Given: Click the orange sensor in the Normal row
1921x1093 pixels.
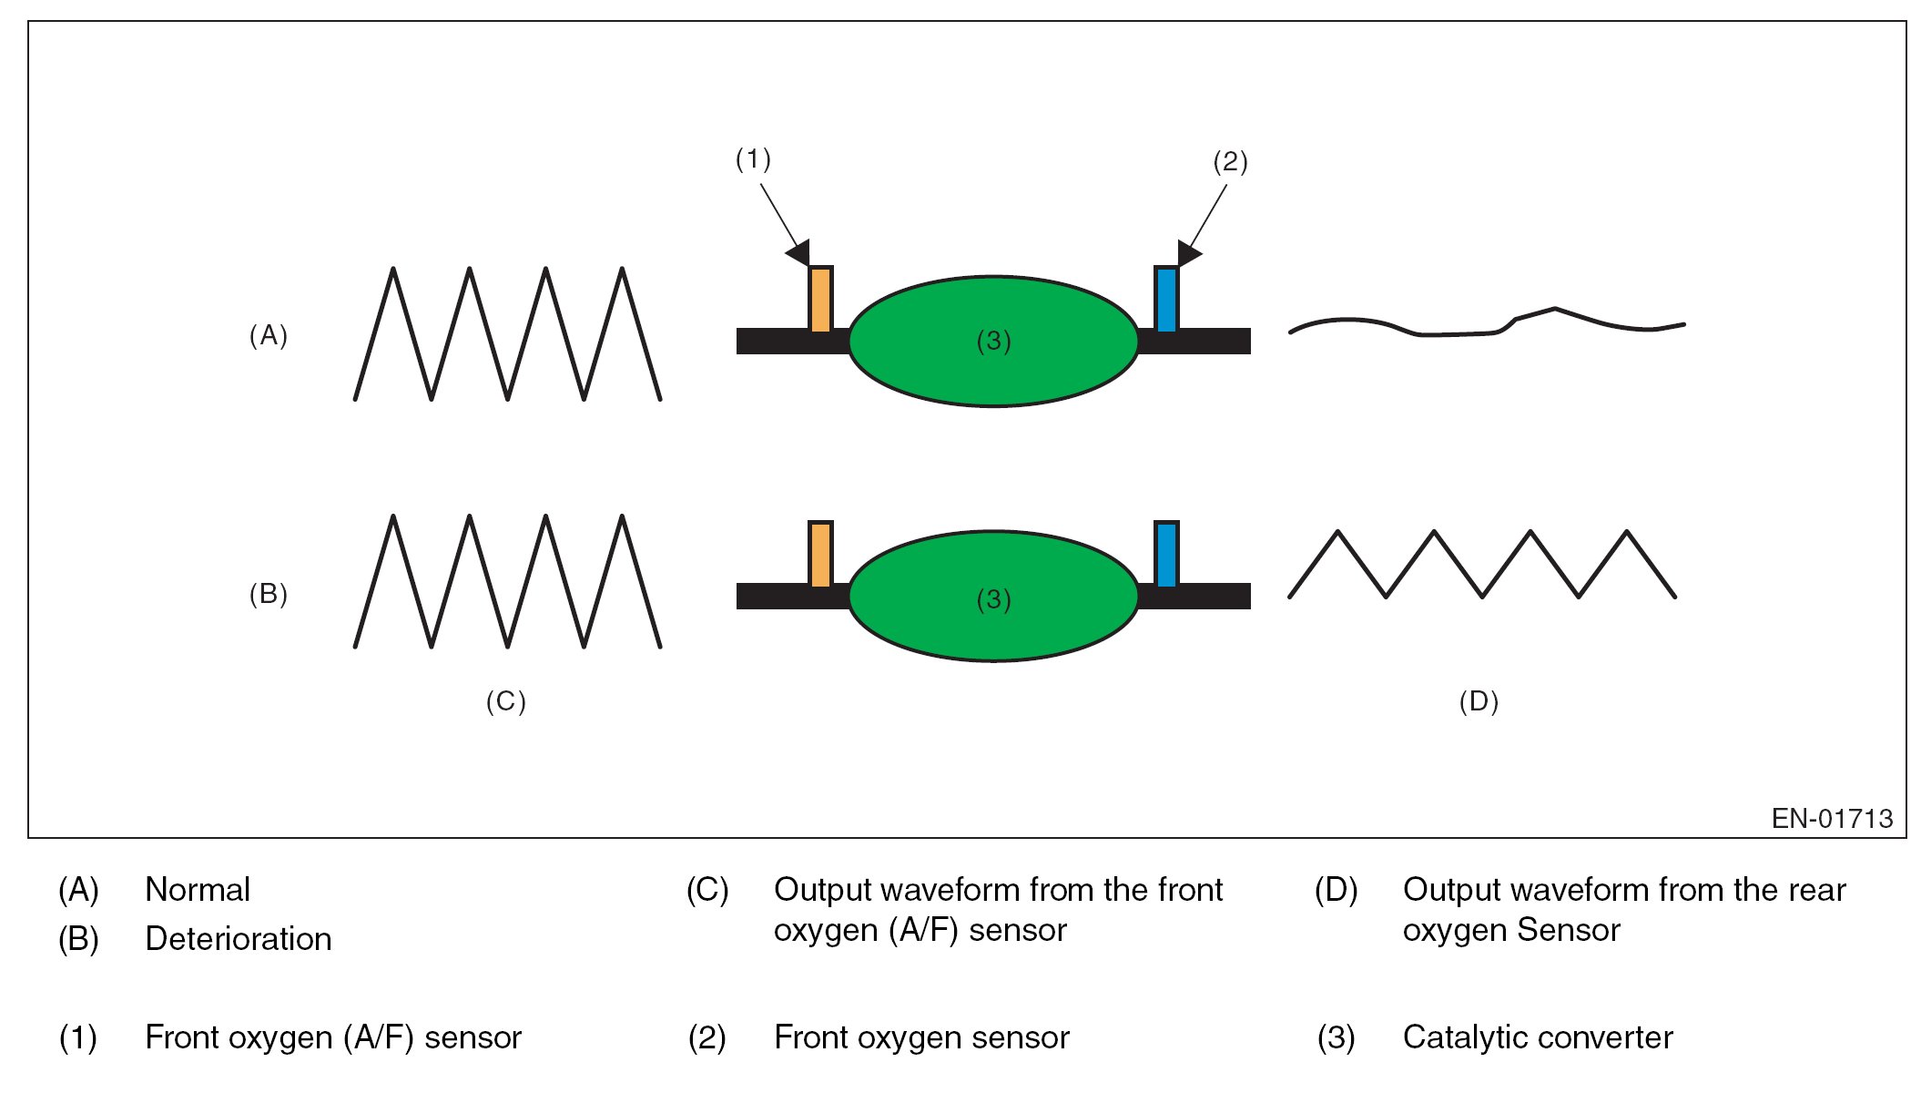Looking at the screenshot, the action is point(820,299).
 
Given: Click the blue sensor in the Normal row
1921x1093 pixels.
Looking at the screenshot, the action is point(1166,299).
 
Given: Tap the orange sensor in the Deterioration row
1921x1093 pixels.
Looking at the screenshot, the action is point(820,554).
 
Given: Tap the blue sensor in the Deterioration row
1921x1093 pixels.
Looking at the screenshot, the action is point(1166,554).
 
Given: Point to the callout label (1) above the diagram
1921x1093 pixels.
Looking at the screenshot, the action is point(753,159).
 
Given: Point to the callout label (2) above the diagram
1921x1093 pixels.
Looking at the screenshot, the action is point(1230,162).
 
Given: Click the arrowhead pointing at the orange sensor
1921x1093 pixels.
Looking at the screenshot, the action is point(798,252).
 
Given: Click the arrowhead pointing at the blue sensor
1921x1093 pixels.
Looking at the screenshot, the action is point(1189,252).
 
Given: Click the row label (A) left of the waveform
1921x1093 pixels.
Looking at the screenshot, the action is point(269,336).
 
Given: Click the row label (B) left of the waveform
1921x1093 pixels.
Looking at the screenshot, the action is point(269,594).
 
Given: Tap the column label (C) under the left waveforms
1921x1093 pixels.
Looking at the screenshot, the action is point(506,701).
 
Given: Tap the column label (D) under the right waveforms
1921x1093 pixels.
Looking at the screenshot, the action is point(1479,701).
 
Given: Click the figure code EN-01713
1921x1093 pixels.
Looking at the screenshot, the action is point(1832,819).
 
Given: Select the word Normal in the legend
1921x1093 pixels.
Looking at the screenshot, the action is point(198,890).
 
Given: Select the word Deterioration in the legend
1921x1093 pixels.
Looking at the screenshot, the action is point(239,939).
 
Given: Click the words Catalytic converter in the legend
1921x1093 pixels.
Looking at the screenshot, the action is point(1538,1037).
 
